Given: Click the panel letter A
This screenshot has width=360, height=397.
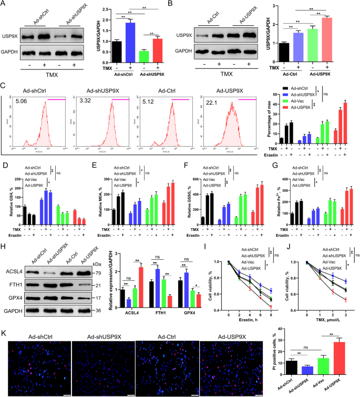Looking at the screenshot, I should click(5, 5).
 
